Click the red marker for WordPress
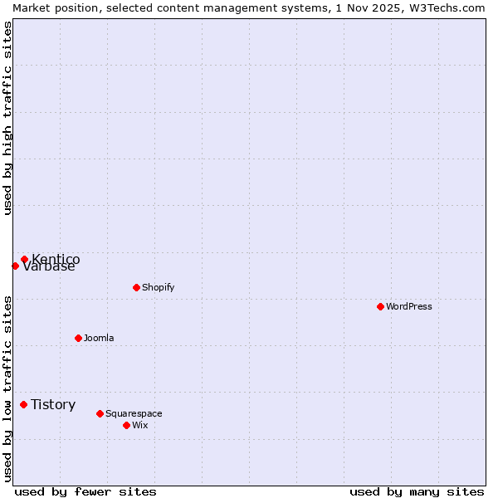380,306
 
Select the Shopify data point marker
136,287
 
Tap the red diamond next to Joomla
78,338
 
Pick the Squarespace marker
100,413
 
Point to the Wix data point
126,425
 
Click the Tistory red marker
23,404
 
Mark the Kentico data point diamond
24,259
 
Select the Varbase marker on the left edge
15,266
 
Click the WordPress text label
409,306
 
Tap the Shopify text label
158,287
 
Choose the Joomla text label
99,338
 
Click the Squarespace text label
134,413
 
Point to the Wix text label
139,425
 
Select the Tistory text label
53,404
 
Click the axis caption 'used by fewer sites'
85,491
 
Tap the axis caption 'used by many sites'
417,491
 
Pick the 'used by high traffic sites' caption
7,118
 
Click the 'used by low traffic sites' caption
7,388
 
